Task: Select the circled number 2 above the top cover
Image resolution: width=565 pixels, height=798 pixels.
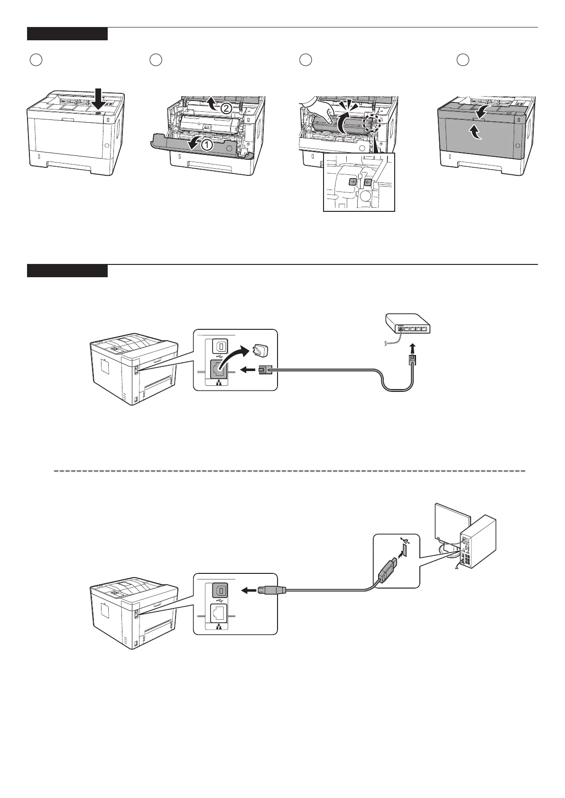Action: pos(226,108)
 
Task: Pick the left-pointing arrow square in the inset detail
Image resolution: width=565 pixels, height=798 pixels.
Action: pos(367,181)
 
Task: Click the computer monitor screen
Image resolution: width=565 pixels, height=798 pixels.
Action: pos(452,525)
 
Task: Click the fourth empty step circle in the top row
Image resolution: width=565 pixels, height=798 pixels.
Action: pos(463,60)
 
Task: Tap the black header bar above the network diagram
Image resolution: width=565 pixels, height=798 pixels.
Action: pos(67,271)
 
